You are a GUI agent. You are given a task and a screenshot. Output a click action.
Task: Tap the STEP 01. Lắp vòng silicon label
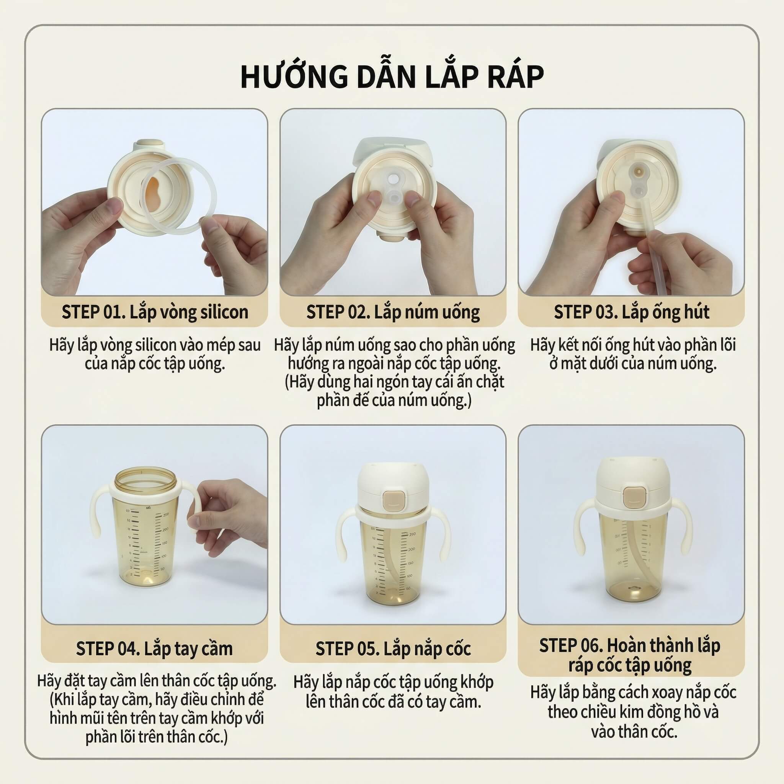tap(155, 312)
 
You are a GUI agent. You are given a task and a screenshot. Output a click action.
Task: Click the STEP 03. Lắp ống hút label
tap(631, 312)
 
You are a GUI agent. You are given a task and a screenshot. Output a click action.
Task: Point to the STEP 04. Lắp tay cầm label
tap(154, 648)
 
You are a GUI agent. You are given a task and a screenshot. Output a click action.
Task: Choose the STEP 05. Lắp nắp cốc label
tap(393, 648)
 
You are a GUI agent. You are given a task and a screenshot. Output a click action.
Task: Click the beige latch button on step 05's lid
tap(393, 502)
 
